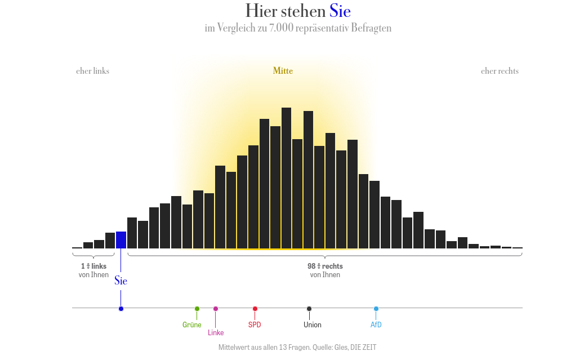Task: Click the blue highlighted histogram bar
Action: [121, 239]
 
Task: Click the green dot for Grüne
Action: [197, 308]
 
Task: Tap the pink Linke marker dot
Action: [216, 309]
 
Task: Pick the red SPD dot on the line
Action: [255, 309]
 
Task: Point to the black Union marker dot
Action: [309, 309]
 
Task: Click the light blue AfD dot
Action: [376, 309]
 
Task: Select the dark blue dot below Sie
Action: [121, 309]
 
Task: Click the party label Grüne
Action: [192, 325]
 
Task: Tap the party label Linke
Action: [216, 333]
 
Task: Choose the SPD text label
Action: [255, 325]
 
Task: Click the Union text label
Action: [313, 325]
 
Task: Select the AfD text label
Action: [376, 325]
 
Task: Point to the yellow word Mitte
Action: [283, 71]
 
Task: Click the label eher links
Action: [92, 71]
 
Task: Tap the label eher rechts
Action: [500, 71]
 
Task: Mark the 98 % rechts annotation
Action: [325, 266]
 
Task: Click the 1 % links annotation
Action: [93, 266]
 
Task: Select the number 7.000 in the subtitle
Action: [282, 28]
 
